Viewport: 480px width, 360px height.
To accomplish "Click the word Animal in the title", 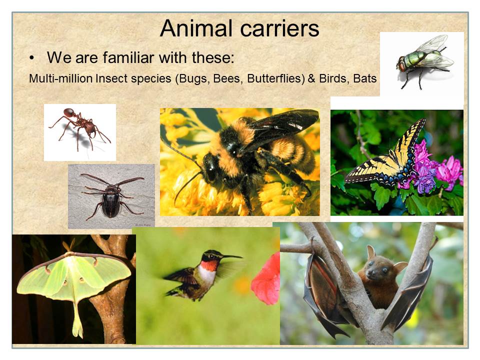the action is (x=196, y=28).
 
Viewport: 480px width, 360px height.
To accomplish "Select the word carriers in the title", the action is (x=280, y=28).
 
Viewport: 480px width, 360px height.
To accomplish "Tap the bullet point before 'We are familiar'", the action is (x=31, y=58).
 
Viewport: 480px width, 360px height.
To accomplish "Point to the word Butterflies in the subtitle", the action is (x=276, y=78).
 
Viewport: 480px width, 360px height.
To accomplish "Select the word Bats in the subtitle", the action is (x=364, y=78).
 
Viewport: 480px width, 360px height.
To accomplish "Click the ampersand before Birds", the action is (x=311, y=78).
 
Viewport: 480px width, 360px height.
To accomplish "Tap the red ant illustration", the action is (x=80, y=128).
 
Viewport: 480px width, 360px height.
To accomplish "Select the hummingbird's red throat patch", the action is (x=209, y=265).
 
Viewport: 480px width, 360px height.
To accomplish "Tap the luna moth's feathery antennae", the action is (x=68, y=245).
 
